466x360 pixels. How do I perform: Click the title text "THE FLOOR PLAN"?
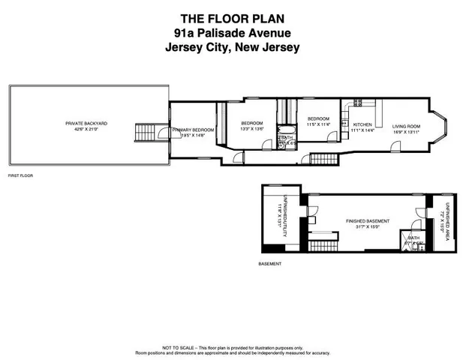point(233,17)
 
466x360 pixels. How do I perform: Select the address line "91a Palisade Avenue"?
point(233,32)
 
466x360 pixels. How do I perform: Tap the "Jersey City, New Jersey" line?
point(233,46)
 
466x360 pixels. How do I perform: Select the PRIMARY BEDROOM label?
point(193,133)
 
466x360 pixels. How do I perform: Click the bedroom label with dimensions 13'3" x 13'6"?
point(251,126)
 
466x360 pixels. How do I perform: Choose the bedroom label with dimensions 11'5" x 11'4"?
point(318,122)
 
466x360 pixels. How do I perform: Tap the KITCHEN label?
point(362,127)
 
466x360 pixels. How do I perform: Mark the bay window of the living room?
point(443,127)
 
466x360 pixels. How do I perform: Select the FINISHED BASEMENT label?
point(367,223)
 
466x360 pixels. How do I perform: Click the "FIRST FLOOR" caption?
point(20,175)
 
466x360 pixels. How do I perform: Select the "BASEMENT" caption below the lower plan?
point(269,264)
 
